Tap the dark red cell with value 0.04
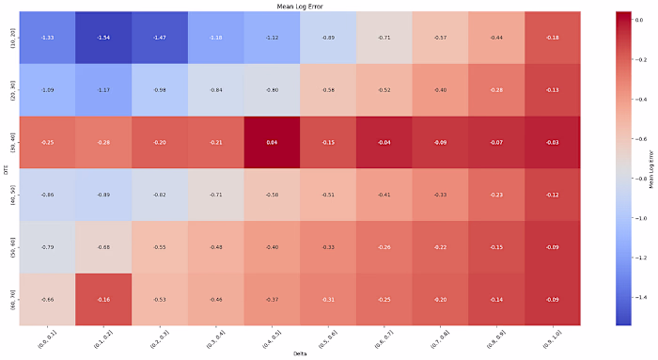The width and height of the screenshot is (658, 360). (x=273, y=142)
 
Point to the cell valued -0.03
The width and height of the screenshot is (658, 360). (x=553, y=142)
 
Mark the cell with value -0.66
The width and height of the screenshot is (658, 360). (x=48, y=299)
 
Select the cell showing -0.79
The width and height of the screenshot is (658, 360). (x=48, y=247)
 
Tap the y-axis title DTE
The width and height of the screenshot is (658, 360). (x=7, y=168)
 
